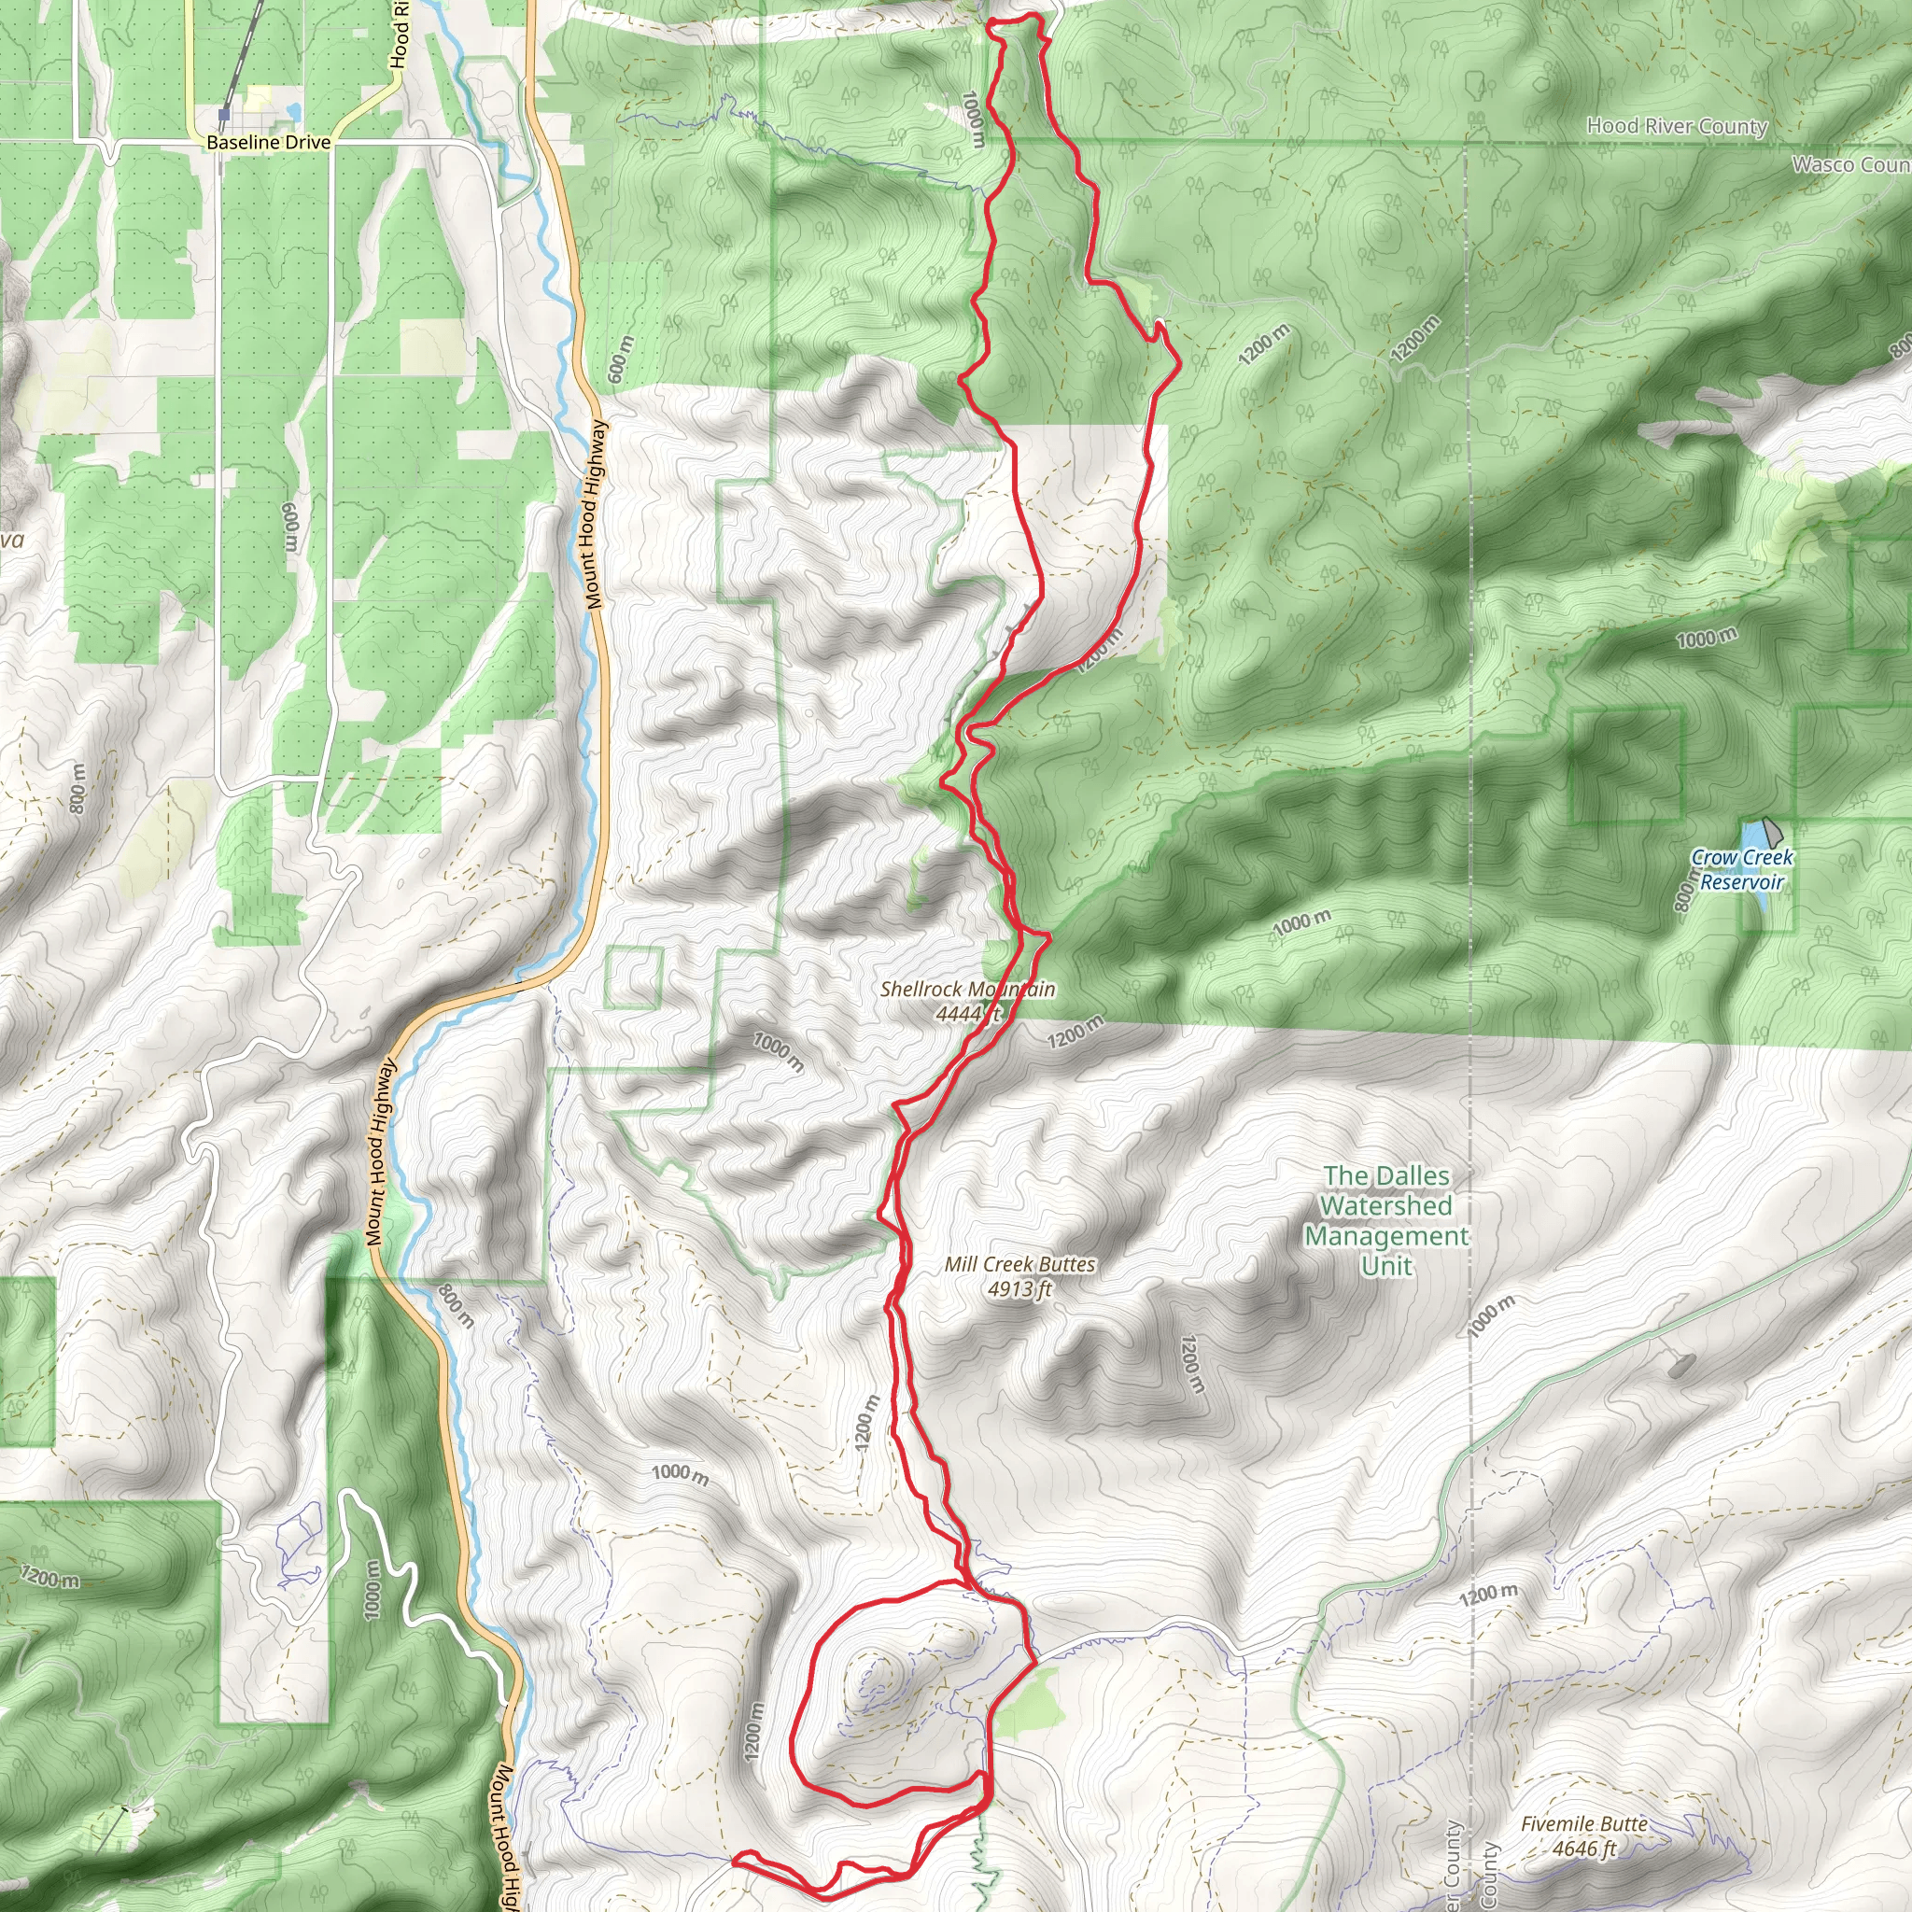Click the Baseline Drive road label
(268, 143)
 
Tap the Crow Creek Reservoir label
(1742, 870)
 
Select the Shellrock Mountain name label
(967, 989)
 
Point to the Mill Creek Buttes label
(1019, 1265)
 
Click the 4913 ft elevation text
(1019, 1288)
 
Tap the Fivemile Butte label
(1584, 1824)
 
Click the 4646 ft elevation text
(1583, 1849)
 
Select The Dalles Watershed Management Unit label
(1386, 1220)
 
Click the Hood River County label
(1677, 126)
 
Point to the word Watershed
(1386, 1205)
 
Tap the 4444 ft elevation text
(968, 1013)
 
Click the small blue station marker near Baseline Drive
(225, 116)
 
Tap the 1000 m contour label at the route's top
(973, 119)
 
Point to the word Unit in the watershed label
(1386, 1266)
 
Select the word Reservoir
(1742, 881)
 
